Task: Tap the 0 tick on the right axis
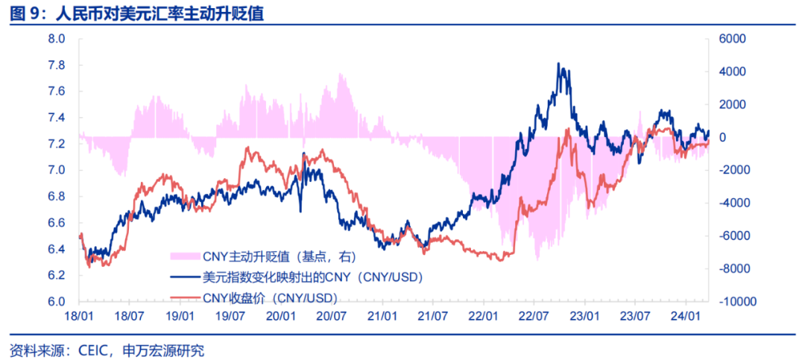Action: point(723,137)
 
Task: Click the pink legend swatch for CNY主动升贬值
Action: point(183,256)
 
